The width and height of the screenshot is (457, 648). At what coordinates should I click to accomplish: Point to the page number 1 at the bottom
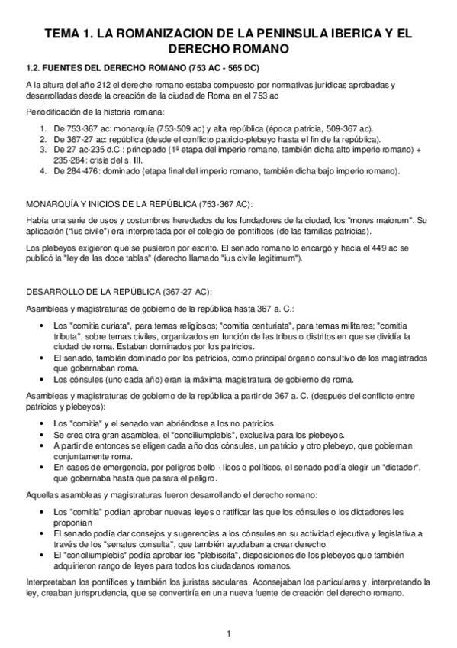[x=228, y=633]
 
